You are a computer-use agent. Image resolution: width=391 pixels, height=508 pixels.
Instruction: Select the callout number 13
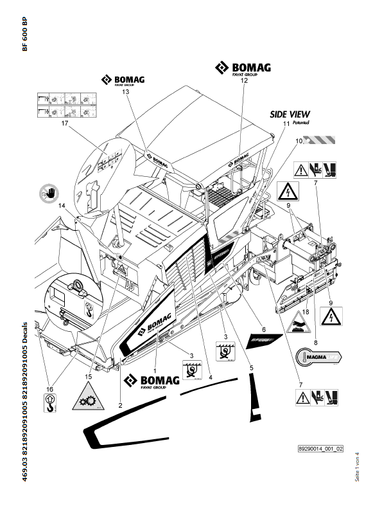pos(125,92)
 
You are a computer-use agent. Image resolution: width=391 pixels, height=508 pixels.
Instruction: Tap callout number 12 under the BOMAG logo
pos(243,81)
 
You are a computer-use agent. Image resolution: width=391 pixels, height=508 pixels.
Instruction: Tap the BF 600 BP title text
pos(24,35)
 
